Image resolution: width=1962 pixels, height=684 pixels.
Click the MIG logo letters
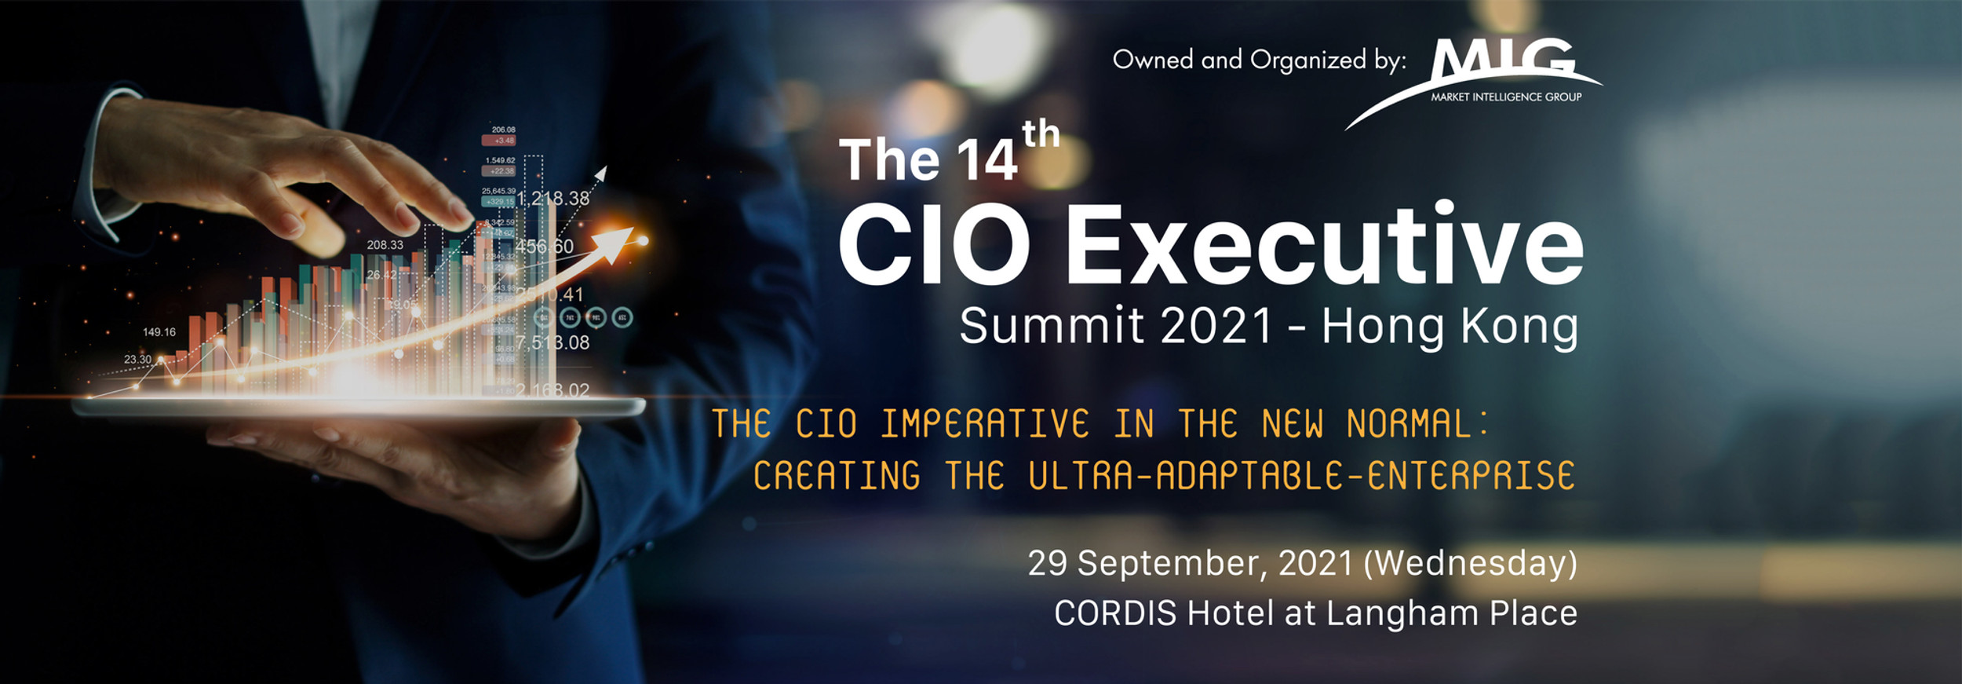tap(1502, 60)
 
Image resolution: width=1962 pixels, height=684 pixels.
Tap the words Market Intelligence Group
tap(1506, 97)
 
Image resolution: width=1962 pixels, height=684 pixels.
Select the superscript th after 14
tap(1041, 134)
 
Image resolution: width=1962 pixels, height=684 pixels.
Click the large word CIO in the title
tap(934, 244)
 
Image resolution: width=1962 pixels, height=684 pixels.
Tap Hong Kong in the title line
tap(1450, 327)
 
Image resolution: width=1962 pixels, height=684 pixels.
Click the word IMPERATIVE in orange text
tap(984, 424)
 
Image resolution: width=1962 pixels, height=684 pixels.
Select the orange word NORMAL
tap(1409, 424)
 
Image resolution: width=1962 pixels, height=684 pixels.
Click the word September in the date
tap(1175, 563)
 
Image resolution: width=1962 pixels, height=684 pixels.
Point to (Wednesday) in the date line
tap(1470, 563)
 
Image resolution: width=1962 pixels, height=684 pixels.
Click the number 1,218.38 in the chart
tap(552, 199)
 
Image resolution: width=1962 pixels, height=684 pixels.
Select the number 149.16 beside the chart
tap(159, 332)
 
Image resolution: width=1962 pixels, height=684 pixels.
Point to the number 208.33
tap(385, 245)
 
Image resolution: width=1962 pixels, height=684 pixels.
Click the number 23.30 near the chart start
tap(137, 360)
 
